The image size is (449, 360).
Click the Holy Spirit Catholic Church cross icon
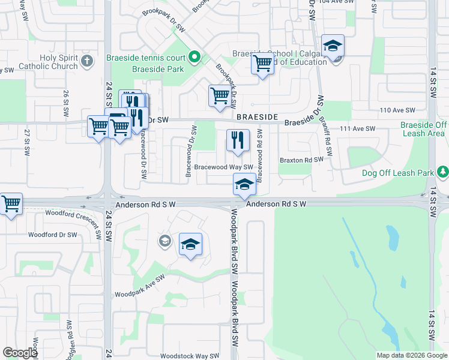(x=87, y=61)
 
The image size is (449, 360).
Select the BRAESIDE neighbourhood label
(x=259, y=118)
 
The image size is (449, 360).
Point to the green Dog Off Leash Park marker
(x=443, y=173)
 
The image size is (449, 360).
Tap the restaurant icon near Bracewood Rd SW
(x=238, y=141)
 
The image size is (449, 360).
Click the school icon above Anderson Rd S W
(x=244, y=184)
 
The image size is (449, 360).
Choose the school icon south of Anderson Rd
(x=191, y=245)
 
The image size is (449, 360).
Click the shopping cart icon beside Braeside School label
(x=262, y=63)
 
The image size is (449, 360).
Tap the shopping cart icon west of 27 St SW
(x=11, y=204)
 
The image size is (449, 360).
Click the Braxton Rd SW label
(x=302, y=160)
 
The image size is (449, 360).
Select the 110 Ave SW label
(x=398, y=110)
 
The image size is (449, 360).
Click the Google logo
(x=20, y=353)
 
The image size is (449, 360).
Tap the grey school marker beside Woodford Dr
(x=164, y=241)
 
